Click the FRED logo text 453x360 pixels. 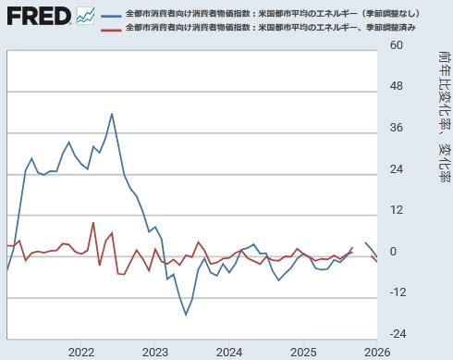tap(38, 16)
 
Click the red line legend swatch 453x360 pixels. tap(112, 31)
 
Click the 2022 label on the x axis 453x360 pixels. tap(81, 352)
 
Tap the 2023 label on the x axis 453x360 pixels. tap(155, 352)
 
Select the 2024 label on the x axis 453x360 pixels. tap(229, 352)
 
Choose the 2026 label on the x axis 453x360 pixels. tap(375, 352)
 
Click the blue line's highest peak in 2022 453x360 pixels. tap(112, 114)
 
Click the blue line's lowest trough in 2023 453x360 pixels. tap(186, 315)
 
